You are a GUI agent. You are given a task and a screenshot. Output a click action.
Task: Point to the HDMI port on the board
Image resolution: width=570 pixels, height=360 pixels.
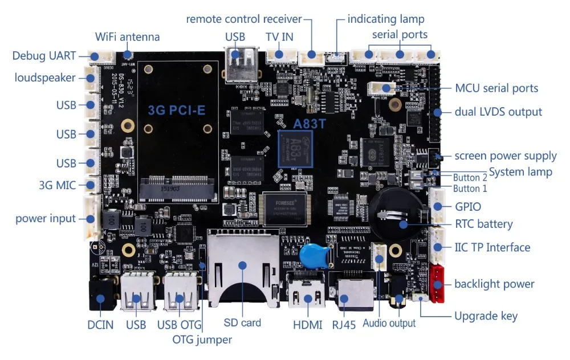tap(307, 294)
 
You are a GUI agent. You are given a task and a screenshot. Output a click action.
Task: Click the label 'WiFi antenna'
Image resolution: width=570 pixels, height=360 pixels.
tap(127, 37)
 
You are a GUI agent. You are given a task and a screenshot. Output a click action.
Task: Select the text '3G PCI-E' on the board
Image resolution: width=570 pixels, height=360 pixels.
tap(176, 109)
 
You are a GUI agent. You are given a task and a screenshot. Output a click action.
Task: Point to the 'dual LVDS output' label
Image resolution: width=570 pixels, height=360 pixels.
tap(498, 112)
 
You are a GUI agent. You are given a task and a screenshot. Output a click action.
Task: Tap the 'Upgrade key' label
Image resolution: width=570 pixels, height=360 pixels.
tap(486, 316)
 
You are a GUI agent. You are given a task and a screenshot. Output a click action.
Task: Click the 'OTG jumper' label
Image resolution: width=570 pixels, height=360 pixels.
tap(202, 339)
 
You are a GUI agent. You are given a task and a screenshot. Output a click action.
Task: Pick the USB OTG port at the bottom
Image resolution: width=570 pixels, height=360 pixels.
tap(179, 294)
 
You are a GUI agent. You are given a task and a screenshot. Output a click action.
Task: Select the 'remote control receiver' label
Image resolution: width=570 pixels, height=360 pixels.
tap(244, 19)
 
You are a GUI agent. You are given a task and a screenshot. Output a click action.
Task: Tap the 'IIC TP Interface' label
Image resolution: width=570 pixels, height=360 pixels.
tap(492, 247)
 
